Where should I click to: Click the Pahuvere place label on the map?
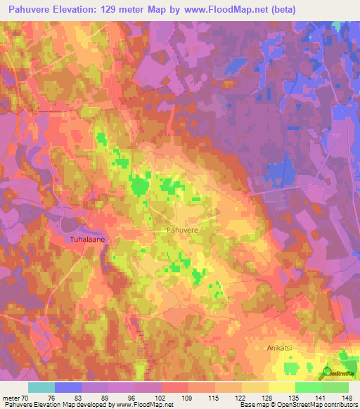tap(184, 230)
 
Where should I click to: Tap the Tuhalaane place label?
tap(87, 240)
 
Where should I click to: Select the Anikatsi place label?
tap(283, 346)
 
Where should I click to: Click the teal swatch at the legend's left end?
tap(41, 387)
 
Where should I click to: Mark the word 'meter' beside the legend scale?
tap(12, 398)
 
